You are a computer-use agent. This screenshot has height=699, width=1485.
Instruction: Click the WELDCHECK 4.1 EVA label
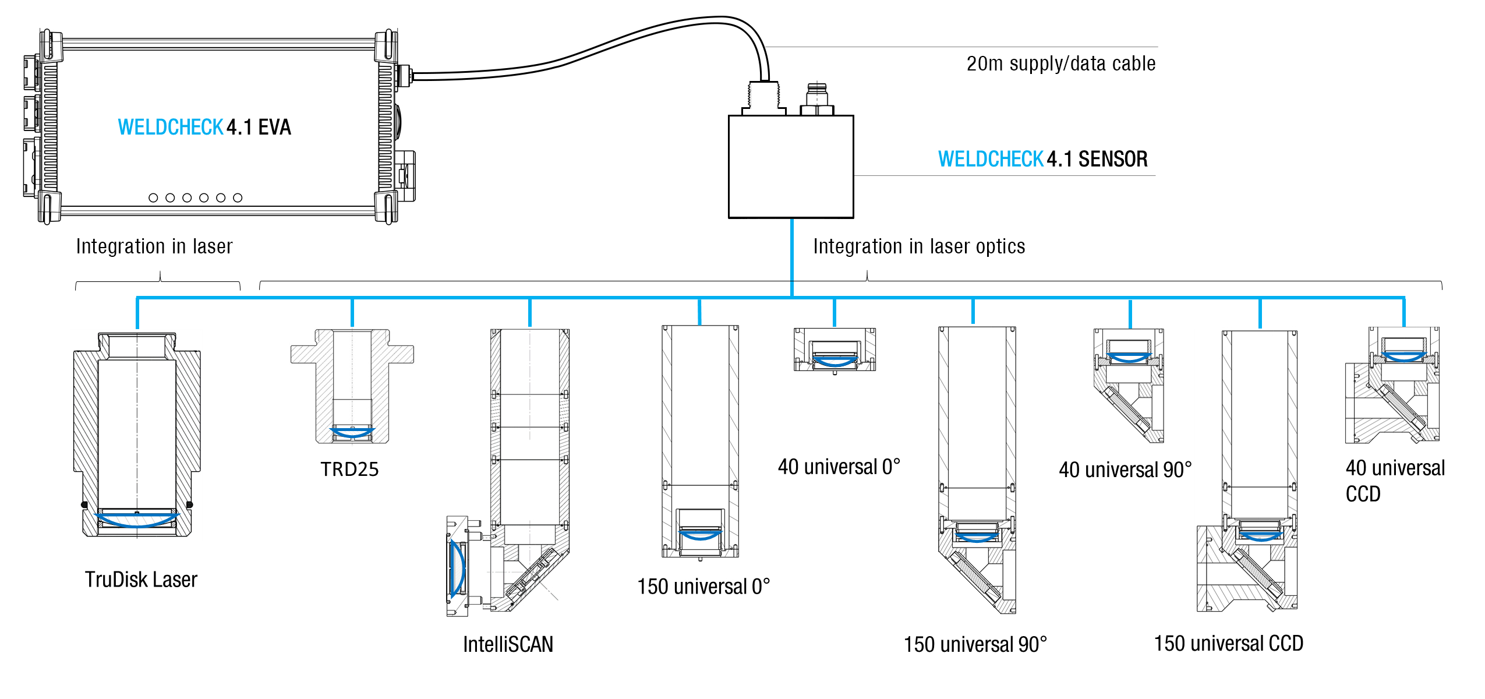coord(204,127)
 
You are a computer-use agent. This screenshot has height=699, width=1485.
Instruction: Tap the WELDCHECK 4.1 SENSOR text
coord(1042,159)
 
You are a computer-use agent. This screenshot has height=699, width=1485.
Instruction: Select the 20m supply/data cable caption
coord(1060,63)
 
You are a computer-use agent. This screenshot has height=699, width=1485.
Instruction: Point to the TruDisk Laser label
coord(141,580)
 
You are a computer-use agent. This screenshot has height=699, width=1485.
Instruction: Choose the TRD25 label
coord(349,469)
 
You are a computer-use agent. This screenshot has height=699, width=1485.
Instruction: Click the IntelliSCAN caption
coord(508,644)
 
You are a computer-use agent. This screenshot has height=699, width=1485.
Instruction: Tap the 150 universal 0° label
coord(703,587)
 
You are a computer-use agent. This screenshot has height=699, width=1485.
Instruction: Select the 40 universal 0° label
coord(839,467)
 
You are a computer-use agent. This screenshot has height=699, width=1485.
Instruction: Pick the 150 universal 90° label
coord(975,644)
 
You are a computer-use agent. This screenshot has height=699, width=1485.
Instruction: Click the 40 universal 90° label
coord(1125,469)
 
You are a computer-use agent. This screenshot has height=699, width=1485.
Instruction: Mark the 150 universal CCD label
coord(1228,644)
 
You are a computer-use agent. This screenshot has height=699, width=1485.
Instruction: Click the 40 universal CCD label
coord(1394,481)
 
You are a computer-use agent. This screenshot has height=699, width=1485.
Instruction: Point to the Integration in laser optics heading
coord(918,246)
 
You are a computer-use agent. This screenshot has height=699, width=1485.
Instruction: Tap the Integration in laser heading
coord(154,246)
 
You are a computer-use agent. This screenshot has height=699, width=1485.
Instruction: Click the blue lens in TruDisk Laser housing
coord(137,520)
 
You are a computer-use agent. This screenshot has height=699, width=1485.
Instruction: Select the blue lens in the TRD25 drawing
coord(352,432)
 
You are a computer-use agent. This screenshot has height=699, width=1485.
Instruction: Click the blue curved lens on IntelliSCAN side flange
coord(458,568)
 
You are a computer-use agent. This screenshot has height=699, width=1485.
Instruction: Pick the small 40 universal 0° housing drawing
coord(835,349)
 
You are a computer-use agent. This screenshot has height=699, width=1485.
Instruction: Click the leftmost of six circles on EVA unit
coord(153,198)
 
